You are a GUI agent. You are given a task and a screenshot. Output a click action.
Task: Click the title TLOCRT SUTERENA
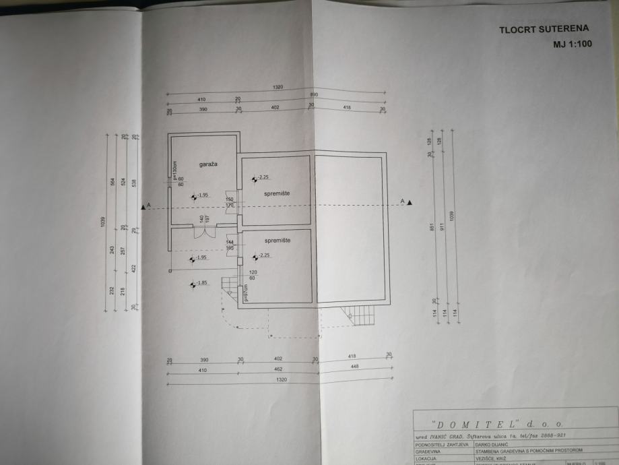tap(544, 29)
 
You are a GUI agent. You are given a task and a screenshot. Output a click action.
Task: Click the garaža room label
tap(207, 164)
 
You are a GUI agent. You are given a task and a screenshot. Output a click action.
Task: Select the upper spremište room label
tap(277, 193)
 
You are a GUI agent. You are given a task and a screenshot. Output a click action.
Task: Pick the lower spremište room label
tap(277, 241)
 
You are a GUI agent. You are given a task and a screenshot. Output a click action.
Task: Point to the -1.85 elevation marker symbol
tap(193, 283)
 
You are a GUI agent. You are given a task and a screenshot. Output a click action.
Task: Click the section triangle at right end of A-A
tap(410, 201)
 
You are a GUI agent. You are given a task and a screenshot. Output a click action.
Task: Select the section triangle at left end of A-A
tap(142, 207)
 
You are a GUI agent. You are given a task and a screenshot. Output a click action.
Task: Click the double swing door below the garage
tap(204, 233)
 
